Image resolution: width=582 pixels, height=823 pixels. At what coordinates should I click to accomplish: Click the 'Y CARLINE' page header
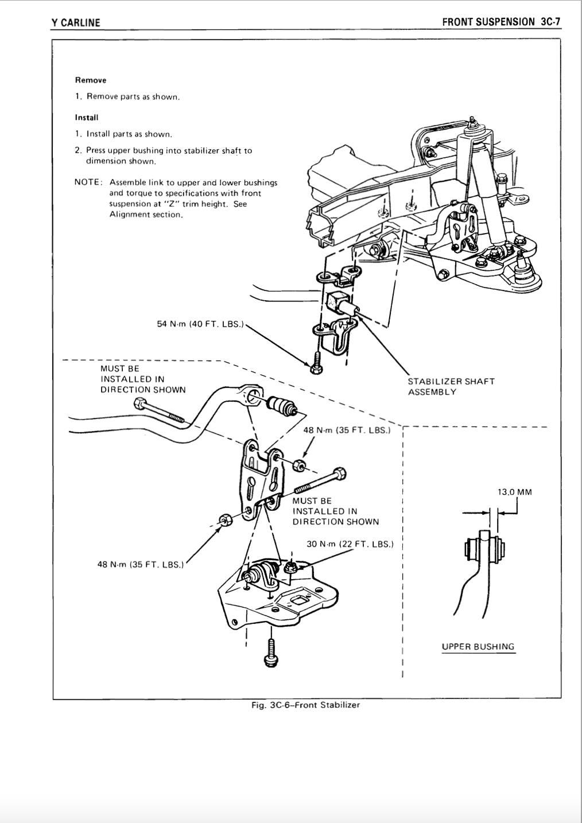pyautogui.click(x=75, y=23)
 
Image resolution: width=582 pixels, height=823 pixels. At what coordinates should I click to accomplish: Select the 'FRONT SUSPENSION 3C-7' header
pyautogui.click(x=500, y=22)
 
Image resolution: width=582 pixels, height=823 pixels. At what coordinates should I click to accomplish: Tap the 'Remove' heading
pyautogui.click(x=91, y=80)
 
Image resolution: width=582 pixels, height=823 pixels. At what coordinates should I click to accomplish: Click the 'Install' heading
pyautogui.click(x=87, y=118)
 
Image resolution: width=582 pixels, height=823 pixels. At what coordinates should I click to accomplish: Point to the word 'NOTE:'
pyautogui.click(x=88, y=183)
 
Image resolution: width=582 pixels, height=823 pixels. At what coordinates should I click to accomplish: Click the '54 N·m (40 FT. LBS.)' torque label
pyautogui.click(x=200, y=324)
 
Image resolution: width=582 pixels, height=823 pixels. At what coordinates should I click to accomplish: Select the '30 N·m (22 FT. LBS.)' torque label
pyautogui.click(x=350, y=544)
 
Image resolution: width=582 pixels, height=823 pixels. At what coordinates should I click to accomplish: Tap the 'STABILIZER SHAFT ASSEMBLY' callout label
pyautogui.click(x=451, y=386)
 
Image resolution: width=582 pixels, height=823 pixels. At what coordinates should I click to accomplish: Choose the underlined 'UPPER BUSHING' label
pyautogui.click(x=478, y=647)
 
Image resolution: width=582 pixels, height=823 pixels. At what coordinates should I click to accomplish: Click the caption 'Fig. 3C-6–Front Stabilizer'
pyautogui.click(x=305, y=705)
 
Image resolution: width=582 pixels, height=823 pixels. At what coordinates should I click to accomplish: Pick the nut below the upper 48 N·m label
pyautogui.click(x=298, y=465)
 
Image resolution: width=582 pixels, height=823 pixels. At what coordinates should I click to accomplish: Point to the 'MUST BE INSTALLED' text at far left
pyautogui.click(x=143, y=379)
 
